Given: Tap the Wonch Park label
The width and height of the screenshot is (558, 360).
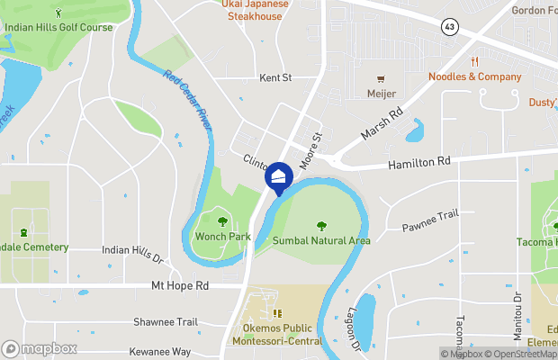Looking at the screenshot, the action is click(222, 237).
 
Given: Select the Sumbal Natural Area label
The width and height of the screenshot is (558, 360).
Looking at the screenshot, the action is click(322, 240).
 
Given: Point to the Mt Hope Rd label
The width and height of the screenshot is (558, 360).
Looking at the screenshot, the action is click(179, 285).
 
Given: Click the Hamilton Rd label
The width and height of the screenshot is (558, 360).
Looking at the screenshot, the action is click(418, 164).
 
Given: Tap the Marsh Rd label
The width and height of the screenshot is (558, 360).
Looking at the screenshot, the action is click(382, 124).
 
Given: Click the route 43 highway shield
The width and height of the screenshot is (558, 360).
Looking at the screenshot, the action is click(449, 27).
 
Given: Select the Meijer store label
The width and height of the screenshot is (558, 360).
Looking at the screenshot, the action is click(381, 94).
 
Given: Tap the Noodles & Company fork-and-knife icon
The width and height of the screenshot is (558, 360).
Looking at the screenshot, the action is click(474, 61).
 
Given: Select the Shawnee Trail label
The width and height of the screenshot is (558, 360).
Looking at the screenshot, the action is click(165, 321).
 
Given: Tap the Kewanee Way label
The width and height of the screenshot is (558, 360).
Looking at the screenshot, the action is click(160, 351).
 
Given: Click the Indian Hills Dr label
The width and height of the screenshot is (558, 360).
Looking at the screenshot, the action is click(132, 254).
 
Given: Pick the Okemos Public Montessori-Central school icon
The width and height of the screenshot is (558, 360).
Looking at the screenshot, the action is click(278, 313).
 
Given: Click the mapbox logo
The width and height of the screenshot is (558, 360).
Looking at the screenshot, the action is click(40, 348).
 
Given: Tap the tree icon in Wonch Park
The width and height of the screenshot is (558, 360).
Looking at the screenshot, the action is click(222, 220).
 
